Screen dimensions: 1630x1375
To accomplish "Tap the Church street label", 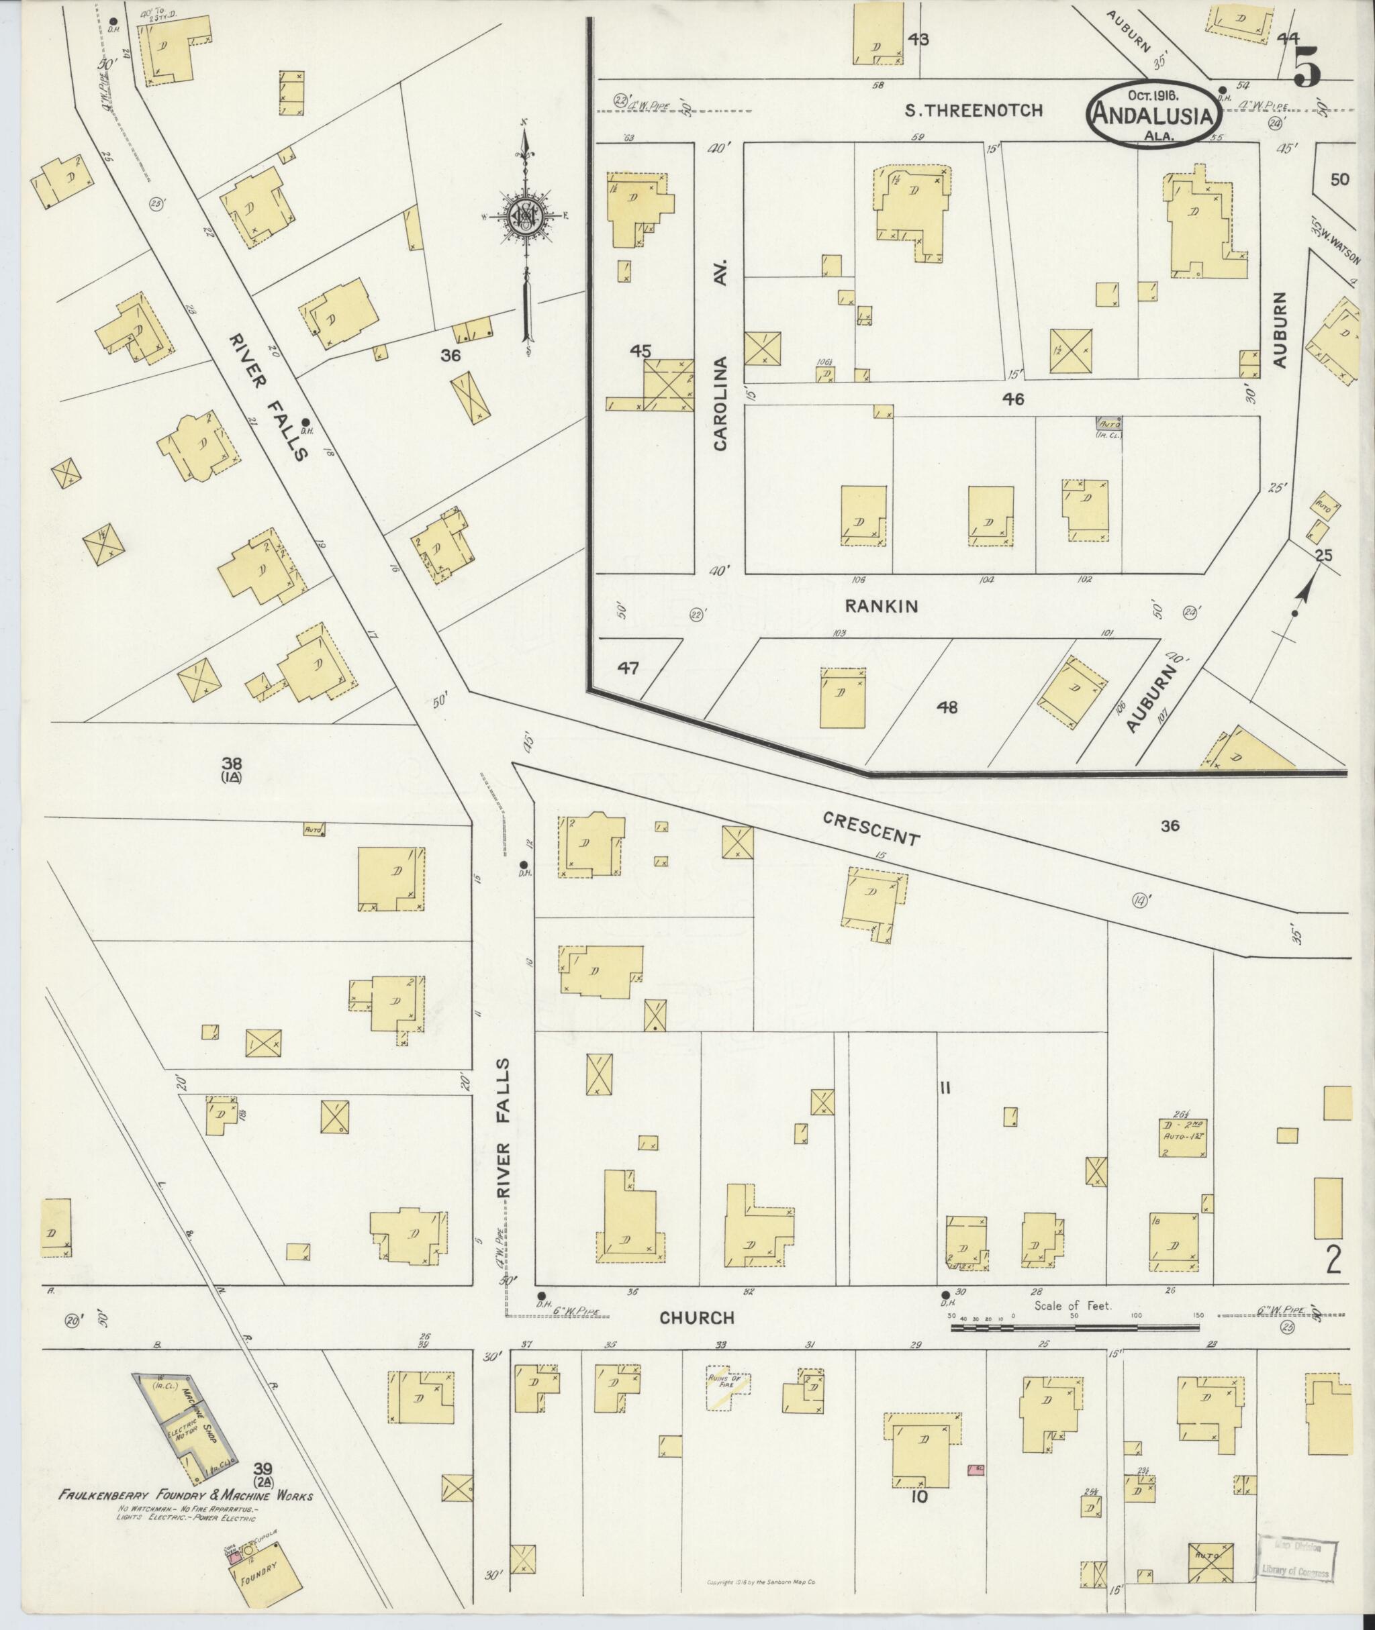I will tap(697, 1317).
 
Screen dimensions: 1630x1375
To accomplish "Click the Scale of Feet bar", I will tap(1076, 1325).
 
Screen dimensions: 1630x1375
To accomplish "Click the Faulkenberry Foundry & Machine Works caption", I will tap(185, 1496).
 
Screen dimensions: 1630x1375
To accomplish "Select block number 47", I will tap(628, 668).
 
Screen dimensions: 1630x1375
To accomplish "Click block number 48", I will tap(947, 707).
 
